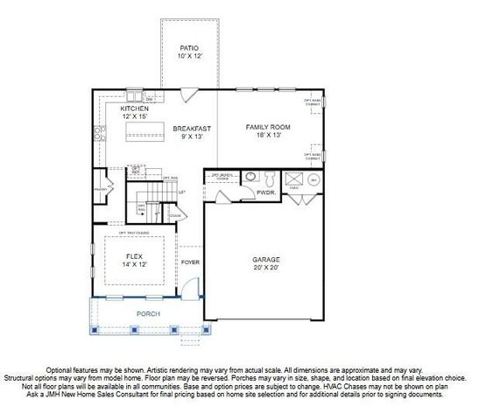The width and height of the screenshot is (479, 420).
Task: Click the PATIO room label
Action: click(x=189, y=47)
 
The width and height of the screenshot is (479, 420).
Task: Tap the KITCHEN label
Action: click(x=135, y=108)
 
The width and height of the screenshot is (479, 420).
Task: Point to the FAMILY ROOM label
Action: click(x=267, y=127)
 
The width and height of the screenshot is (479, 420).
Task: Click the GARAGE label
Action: click(x=265, y=259)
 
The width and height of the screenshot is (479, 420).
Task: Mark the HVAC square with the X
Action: click(x=295, y=177)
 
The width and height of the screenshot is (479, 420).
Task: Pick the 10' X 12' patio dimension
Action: click(x=189, y=55)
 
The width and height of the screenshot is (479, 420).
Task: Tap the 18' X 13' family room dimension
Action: click(x=267, y=135)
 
